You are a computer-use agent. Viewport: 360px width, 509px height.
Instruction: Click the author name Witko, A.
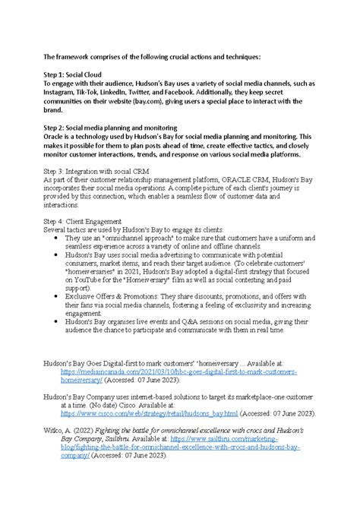[x=58, y=430]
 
